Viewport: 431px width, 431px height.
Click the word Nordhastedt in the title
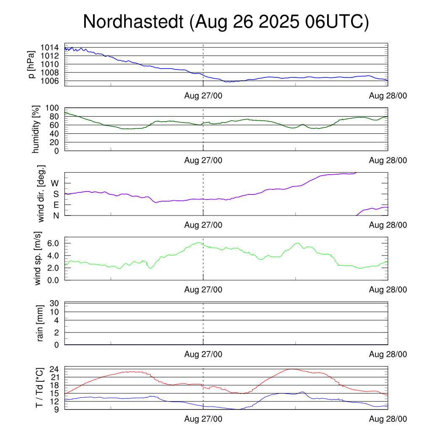click(x=133, y=22)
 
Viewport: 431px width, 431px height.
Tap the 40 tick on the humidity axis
click(x=56, y=133)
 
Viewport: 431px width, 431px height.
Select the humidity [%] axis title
click(x=36, y=129)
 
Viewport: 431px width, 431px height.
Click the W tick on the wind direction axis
click(x=55, y=183)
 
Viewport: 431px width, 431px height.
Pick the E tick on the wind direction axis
click(x=56, y=205)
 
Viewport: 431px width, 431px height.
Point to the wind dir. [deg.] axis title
click(x=41, y=194)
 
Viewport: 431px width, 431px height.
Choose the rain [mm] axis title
click(x=41, y=323)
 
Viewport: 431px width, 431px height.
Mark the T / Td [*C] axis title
click(x=39, y=387)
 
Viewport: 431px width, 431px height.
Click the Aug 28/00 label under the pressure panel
click(x=388, y=96)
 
